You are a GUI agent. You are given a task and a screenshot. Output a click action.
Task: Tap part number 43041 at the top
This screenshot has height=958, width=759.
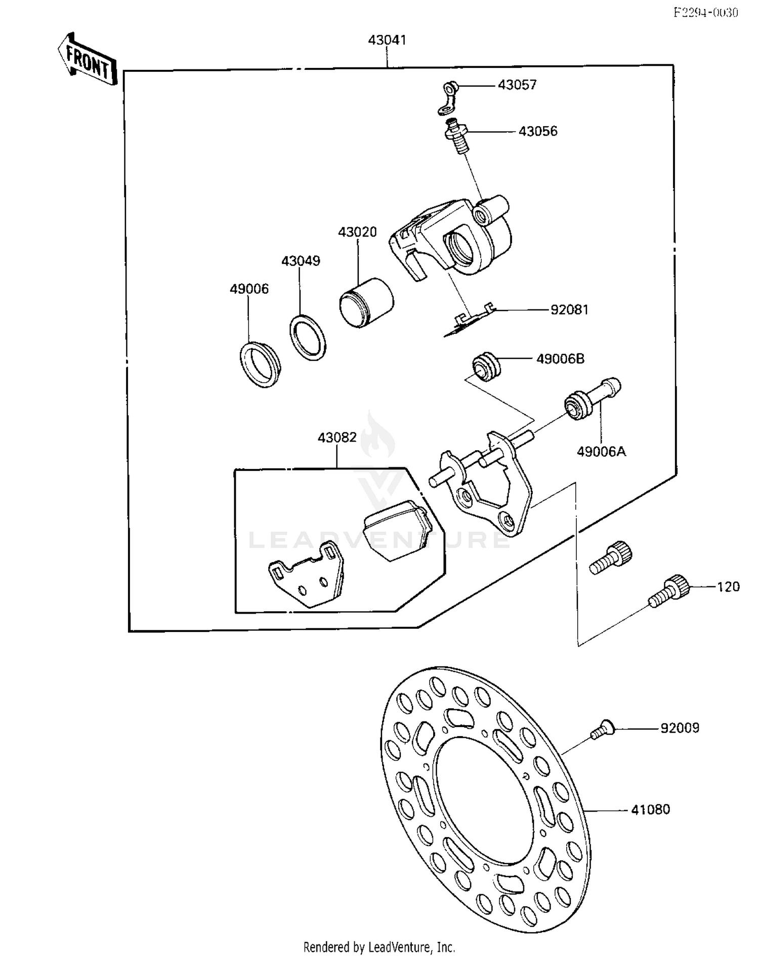(x=387, y=40)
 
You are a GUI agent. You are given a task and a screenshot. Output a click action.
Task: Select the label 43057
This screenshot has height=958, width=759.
(x=517, y=85)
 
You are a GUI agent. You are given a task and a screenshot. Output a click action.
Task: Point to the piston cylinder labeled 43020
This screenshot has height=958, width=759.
(x=366, y=302)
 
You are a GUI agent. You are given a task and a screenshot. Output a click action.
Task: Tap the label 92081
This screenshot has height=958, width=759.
(x=569, y=309)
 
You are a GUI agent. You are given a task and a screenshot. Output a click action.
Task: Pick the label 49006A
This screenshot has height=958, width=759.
(x=601, y=451)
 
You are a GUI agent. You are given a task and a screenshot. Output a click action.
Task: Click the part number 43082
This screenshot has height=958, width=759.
(x=337, y=437)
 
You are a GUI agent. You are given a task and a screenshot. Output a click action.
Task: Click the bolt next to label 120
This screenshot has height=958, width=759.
(x=669, y=592)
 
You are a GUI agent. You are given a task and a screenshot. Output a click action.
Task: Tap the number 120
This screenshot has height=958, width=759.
(x=728, y=587)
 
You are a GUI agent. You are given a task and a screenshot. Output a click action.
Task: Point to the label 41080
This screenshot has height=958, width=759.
(x=650, y=810)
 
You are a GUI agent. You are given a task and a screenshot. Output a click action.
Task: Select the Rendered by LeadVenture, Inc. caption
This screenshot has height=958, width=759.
(x=379, y=946)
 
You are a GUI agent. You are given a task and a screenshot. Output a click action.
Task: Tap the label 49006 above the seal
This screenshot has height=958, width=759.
(x=249, y=289)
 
